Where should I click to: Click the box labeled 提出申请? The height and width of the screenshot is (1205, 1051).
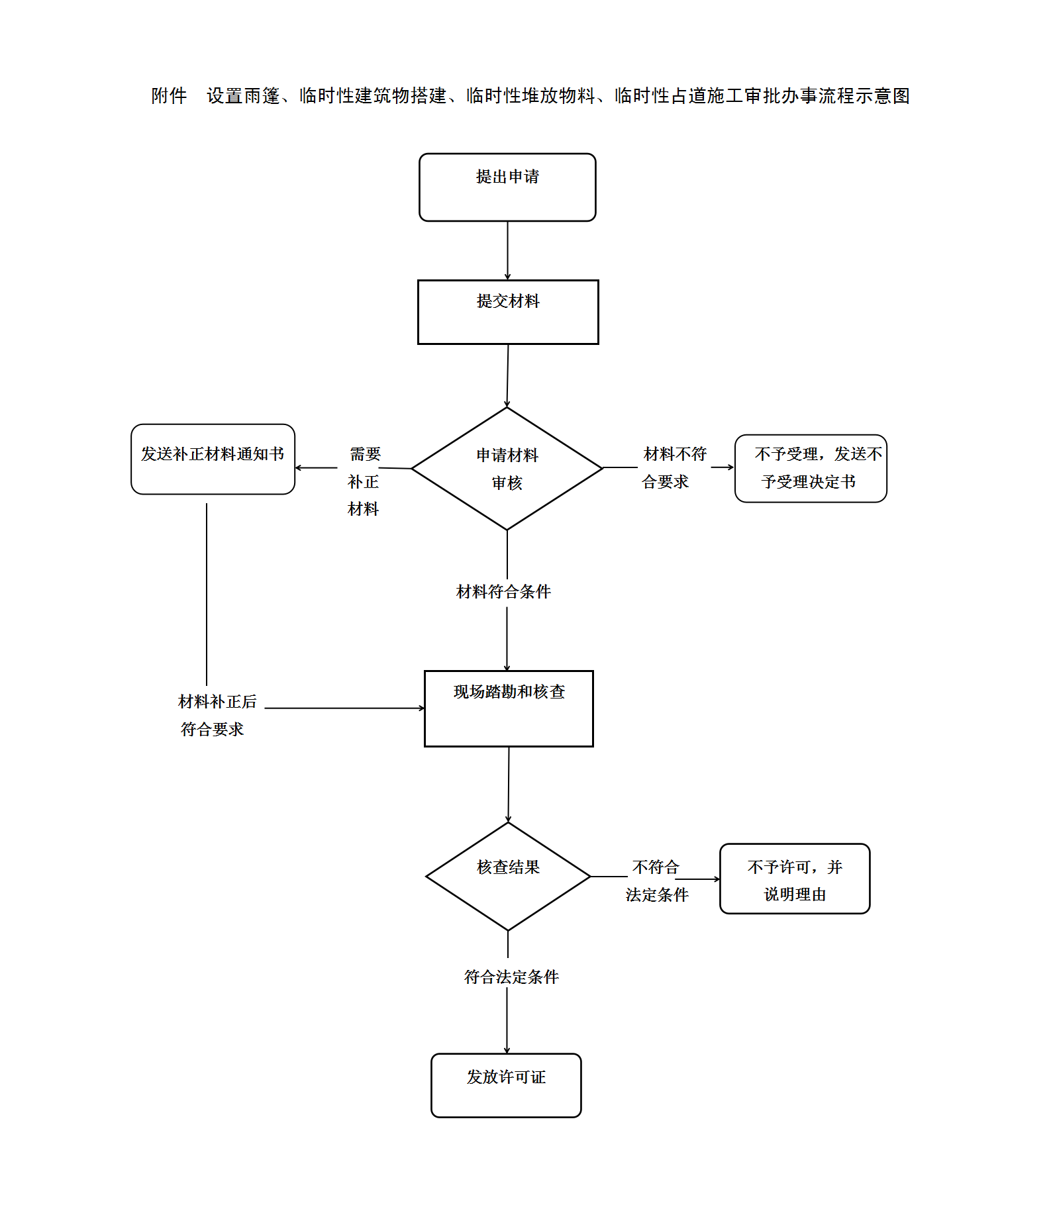coord(507,187)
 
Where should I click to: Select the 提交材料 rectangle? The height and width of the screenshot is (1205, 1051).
coord(508,312)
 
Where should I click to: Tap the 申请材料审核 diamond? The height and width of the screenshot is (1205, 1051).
coord(507,469)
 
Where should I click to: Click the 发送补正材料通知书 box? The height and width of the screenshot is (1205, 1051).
coord(213,459)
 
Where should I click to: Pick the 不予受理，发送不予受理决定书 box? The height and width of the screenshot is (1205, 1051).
coord(811,468)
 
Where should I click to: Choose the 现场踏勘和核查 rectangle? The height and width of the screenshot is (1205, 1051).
coord(509,708)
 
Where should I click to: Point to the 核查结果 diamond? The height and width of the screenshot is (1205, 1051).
coord(508,876)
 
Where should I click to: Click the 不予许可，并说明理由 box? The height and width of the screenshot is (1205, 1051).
coord(795,879)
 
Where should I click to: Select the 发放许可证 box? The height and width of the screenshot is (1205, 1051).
coord(506,1085)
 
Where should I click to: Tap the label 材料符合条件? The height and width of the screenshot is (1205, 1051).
coord(503,592)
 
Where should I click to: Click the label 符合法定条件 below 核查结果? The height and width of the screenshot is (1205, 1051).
coord(511,977)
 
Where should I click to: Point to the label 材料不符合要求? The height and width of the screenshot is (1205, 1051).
coord(674,468)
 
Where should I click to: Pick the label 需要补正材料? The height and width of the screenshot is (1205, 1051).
coord(364,481)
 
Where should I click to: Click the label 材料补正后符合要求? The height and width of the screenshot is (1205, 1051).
coord(217,715)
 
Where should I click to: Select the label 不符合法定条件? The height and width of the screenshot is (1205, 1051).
coord(656,881)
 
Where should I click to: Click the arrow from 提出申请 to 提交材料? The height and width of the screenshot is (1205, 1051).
coord(507,250)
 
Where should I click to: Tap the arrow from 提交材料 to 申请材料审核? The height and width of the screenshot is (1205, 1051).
coord(507,375)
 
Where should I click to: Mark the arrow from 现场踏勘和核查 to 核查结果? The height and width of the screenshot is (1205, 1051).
coord(509,785)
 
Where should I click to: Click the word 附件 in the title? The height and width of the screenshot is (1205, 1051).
coord(169,96)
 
